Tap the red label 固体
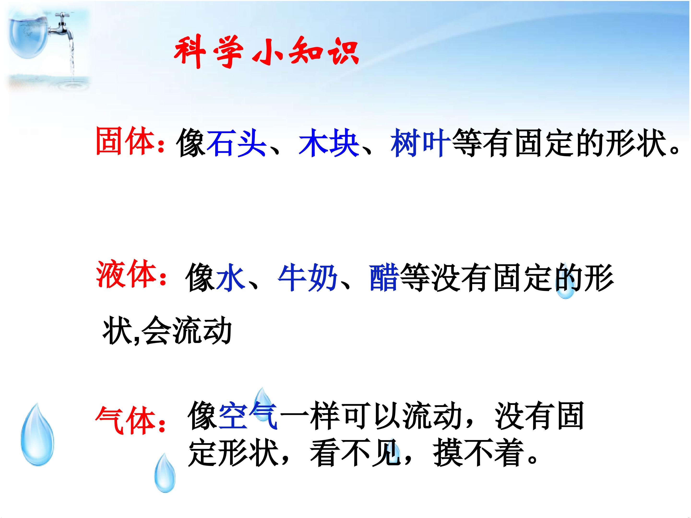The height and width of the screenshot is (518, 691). click(x=125, y=141)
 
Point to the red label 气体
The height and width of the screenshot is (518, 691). click(x=126, y=420)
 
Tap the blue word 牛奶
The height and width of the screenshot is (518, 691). click(x=307, y=277)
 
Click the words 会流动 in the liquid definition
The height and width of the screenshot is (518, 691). click(x=187, y=330)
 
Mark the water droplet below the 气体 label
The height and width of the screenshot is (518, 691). click(x=165, y=473)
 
